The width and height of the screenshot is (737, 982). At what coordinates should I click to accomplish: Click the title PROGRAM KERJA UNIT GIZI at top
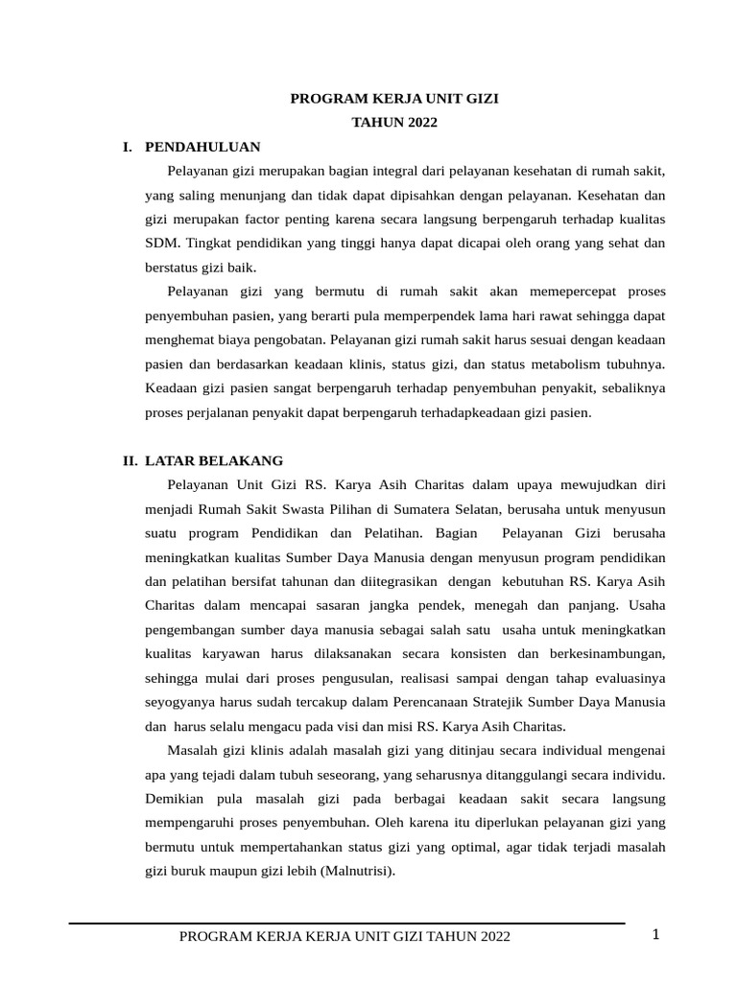tap(394, 98)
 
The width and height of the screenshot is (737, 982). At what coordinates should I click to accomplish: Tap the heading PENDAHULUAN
tap(202, 147)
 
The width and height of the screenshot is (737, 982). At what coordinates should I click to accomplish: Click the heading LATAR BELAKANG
tap(214, 460)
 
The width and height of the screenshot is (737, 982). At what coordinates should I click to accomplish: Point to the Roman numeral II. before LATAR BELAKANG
tap(130, 460)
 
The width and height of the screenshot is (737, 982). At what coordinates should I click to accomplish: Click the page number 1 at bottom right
tap(655, 935)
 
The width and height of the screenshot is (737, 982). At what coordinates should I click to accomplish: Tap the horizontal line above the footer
tap(345, 924)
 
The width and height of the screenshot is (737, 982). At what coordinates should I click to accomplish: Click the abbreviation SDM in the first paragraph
tap(159, 244)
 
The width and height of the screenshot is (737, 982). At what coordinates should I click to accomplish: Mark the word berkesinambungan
tap(602, 653)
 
